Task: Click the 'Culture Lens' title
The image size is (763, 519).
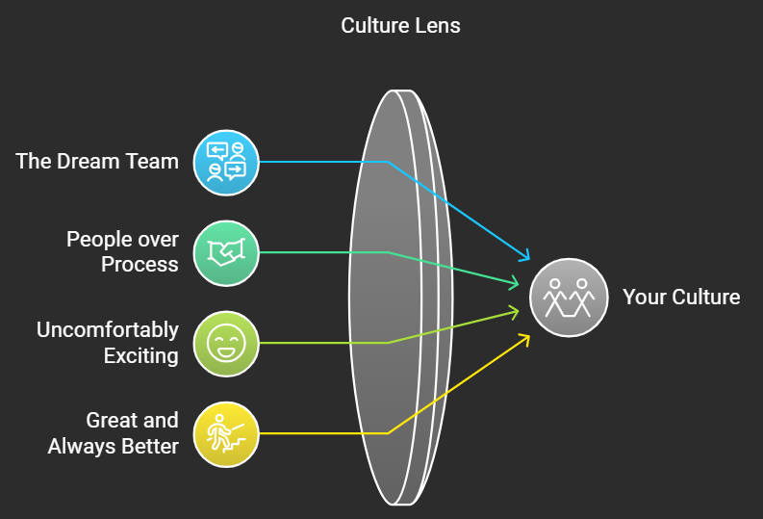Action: [x=400, y=25]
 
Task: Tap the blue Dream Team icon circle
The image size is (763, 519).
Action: [x=226, y=163]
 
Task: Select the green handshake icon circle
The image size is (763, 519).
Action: [x=226, y=253]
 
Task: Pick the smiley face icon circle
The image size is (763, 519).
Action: [x=226, y=344]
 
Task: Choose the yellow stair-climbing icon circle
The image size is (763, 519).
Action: [x=226, y=434]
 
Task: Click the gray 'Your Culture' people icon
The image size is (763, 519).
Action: [x=569, y=298]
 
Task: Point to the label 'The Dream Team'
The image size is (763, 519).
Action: [x=97, y=161]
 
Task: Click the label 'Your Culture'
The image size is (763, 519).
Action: [x=681, y=297]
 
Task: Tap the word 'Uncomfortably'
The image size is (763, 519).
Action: [x=108, y=330]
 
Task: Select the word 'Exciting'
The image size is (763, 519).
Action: [x=141, y=356]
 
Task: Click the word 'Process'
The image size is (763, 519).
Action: [x=140, y=265]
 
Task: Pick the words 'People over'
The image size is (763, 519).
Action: [x=122, y=240]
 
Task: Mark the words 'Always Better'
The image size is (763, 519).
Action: [x=114, y=447]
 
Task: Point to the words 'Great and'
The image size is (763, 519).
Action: [x=133, y=421]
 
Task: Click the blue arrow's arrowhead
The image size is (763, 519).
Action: [x=525, y=256]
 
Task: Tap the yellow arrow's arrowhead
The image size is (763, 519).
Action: [x=525, y=337]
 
